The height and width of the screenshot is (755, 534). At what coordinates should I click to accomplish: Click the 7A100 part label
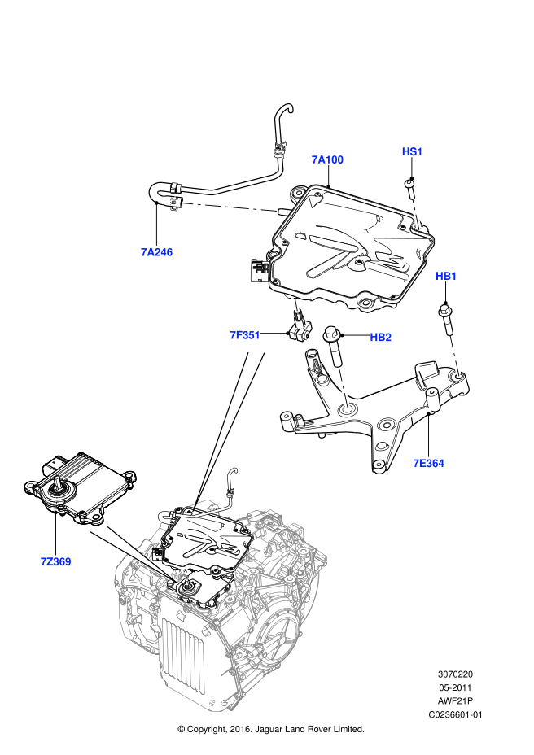(327, 159)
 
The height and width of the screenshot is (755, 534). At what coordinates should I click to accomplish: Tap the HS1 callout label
(413, 151)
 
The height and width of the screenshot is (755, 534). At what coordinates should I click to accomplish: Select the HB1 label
(447, 277)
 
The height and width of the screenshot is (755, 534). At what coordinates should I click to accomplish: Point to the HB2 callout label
(381, 337)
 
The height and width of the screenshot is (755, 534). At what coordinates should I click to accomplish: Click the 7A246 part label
(156, 252)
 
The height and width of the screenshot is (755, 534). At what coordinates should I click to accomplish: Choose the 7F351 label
(244, 334)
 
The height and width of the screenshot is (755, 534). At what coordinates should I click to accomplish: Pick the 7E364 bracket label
(428, 464)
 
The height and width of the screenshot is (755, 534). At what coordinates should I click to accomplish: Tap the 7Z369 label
(55, 561)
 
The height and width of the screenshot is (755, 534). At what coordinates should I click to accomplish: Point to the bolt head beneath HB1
(446, 308)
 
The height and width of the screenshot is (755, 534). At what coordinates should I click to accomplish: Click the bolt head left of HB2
(332, 334)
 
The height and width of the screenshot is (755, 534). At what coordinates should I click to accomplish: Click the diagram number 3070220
(455, 674)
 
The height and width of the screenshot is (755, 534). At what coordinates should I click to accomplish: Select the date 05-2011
(455, 687)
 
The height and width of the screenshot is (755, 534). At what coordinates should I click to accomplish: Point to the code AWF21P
(455, 701)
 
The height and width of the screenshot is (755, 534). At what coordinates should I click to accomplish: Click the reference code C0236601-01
(455, 715)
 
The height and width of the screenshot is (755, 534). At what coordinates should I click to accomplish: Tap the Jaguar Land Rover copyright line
(270, 729)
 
